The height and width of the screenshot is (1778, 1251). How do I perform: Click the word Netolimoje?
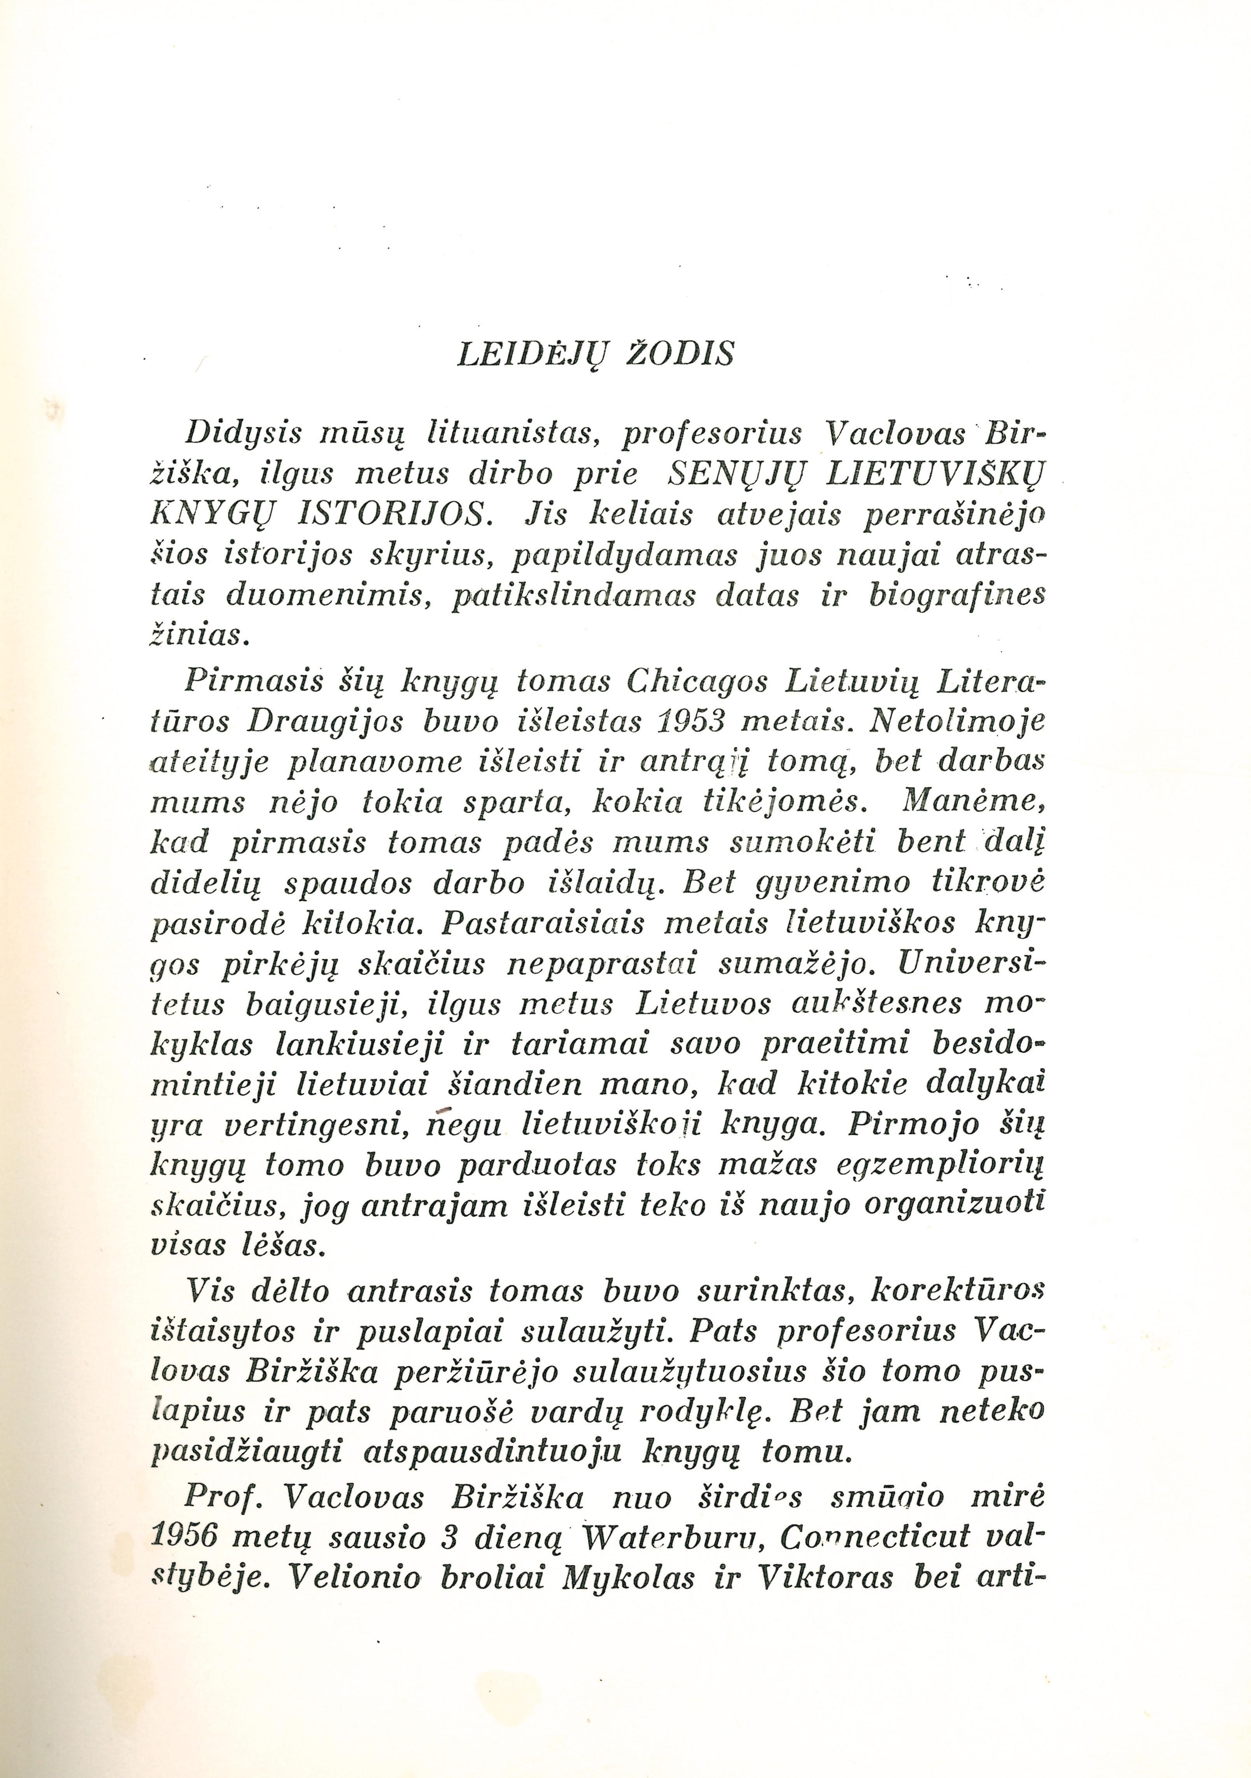click(957, 722)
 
